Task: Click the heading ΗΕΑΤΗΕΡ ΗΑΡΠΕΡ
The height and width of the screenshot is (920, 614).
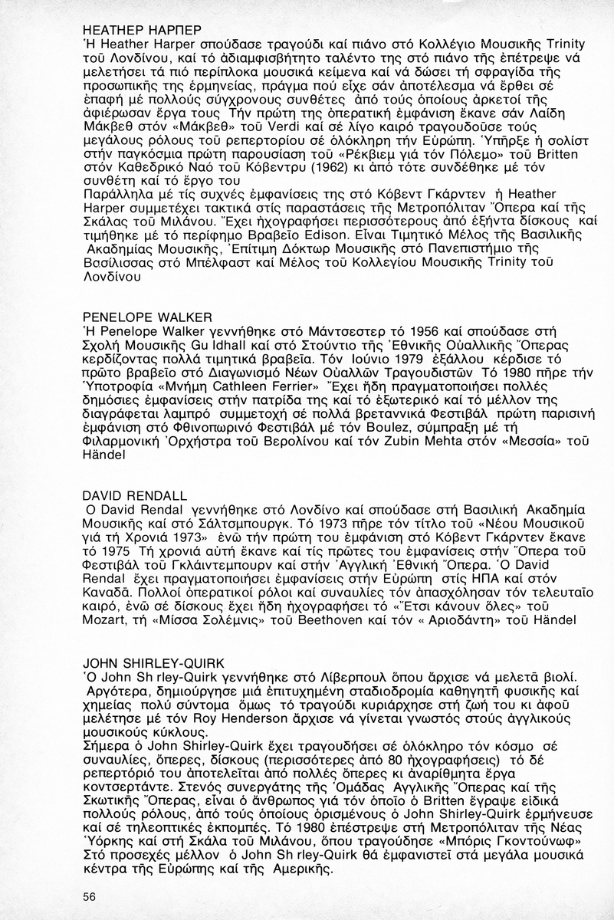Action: (142, 30)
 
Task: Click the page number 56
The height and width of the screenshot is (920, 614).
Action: (90, 896)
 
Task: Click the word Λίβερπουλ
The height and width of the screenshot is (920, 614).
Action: (333, 679)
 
